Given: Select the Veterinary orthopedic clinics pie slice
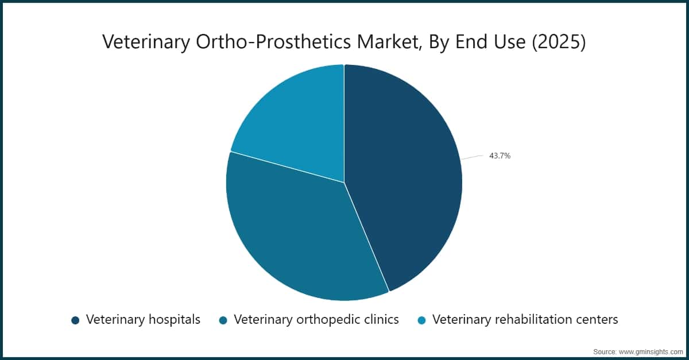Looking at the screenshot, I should coord(293,230).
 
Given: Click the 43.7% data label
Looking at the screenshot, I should coord(500,155).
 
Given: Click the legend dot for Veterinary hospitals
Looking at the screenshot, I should coord(75,320).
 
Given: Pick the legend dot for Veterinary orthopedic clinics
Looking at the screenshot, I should coord(223,320).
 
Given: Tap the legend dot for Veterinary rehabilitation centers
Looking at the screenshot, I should coord(421,320).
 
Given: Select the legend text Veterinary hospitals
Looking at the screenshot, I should coord(143,319).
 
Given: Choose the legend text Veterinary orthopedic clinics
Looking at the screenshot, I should coord(316,319).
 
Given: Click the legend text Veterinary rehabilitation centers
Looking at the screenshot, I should coord(525,319).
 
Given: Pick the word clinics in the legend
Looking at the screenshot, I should coord(380,319).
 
